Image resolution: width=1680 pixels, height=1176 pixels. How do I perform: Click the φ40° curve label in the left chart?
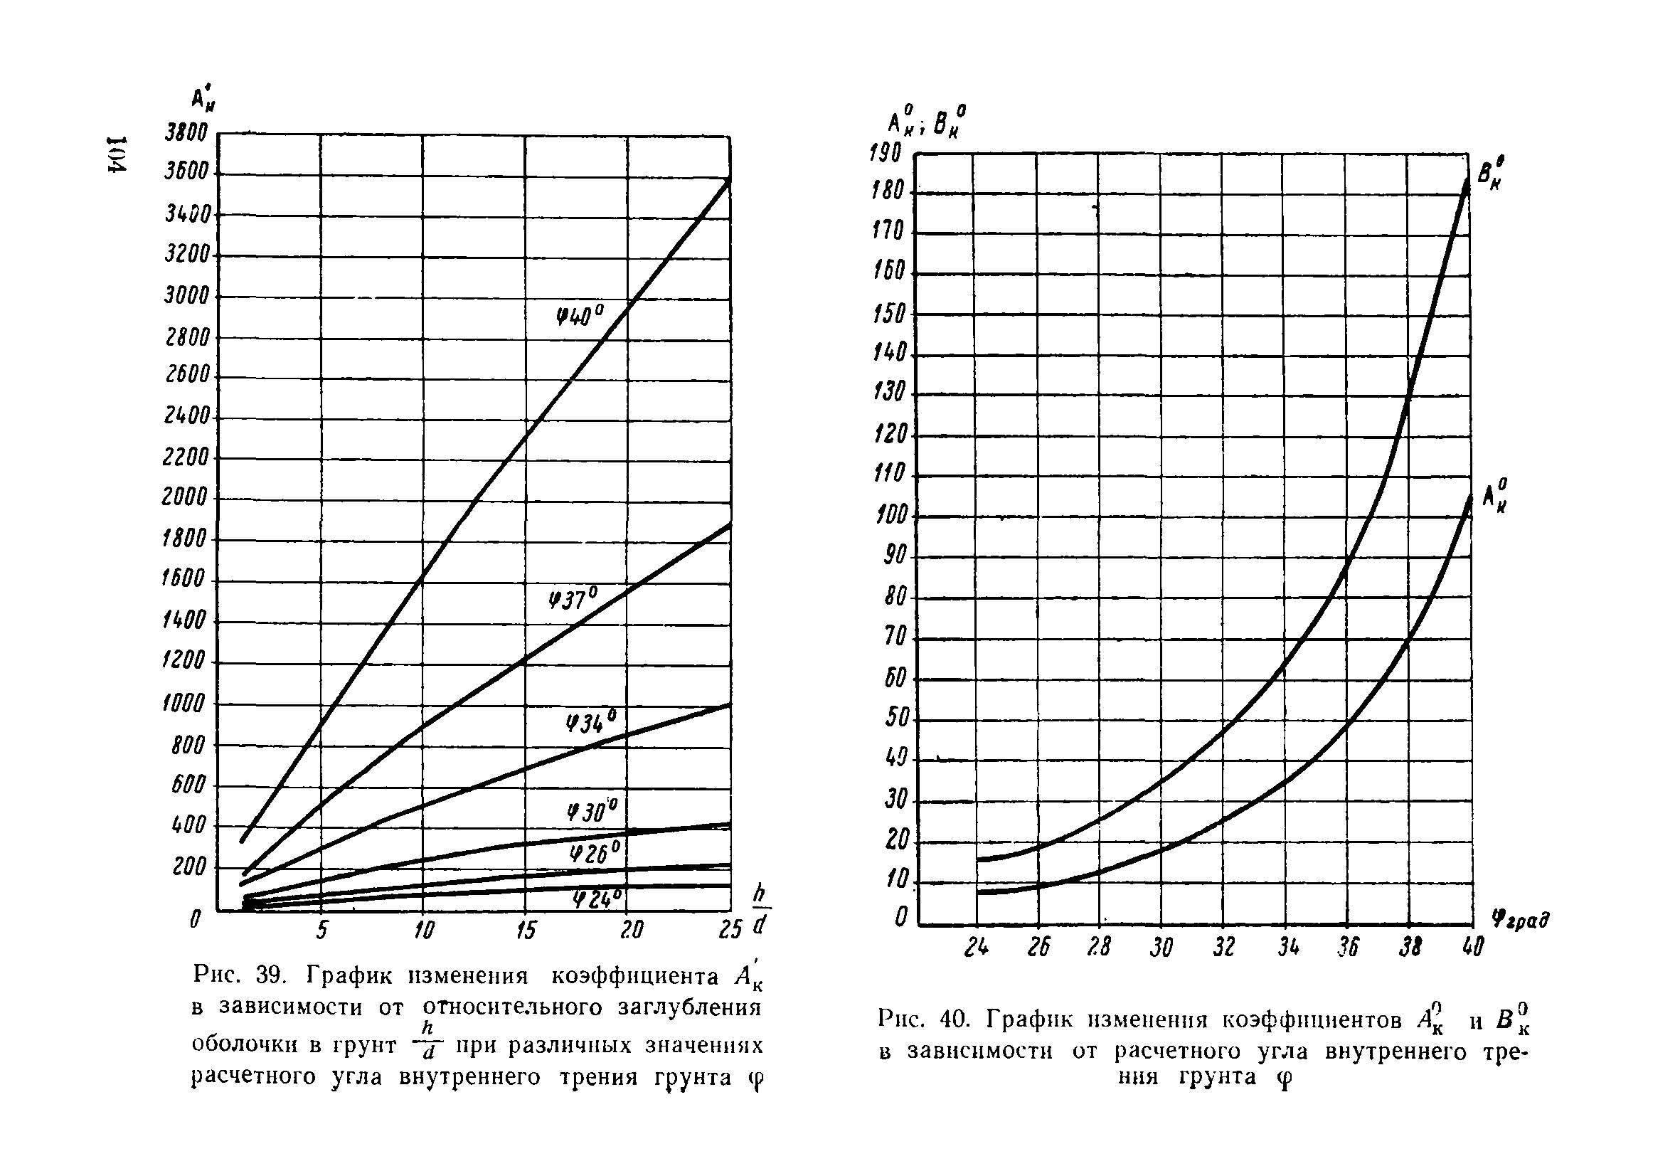[x=580, y=315]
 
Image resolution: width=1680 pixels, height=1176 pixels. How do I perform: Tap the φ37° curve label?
[x=574, y=599]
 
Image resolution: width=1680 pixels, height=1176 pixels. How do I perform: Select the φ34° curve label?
[x=591, y=721]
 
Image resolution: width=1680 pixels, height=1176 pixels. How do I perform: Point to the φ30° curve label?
[x=592, y=810]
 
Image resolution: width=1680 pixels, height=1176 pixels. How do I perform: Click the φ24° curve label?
[x=596, y=898]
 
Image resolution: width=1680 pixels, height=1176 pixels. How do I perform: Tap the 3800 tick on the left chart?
[x=186, y=132]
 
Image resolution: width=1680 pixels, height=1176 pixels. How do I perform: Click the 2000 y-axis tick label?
[x=185, y=497]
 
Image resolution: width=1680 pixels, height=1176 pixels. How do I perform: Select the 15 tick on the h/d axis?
[x=526, y=930]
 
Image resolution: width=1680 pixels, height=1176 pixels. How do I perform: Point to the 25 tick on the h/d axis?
[x=730, y=930]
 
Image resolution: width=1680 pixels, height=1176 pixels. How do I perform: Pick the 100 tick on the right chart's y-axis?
[x=891, y=515]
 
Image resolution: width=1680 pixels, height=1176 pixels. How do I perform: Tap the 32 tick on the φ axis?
[x=1224, y=948]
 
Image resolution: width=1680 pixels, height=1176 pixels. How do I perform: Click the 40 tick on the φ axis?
[x=1472, y=948]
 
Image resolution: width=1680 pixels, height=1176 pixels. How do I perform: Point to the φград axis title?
[x=1520, y=919]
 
